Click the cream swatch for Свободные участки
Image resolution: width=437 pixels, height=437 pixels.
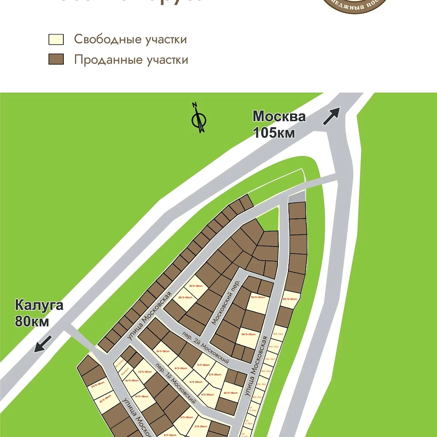(x=56, y=39)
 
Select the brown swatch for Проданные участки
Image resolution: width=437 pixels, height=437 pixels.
(x=56, y=59)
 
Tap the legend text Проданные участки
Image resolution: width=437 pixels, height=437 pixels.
(x=131, y=59)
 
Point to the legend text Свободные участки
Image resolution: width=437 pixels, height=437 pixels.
(x=130, y=39)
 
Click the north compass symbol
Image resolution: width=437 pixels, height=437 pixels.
(x=199, y=118)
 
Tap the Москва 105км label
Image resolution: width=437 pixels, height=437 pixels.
(x=279, y=124)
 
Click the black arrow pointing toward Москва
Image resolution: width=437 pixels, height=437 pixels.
(x=331, y=116)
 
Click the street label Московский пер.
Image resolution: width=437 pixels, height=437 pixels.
(x=226, y=306)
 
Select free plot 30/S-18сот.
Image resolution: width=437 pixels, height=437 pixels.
(x=195, y=286)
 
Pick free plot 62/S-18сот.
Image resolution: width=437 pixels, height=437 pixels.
(x=230, y=392)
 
